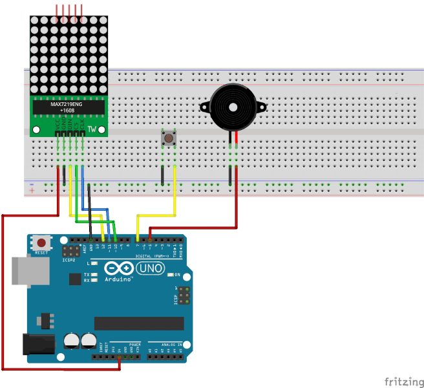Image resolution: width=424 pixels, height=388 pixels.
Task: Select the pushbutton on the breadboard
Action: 169,137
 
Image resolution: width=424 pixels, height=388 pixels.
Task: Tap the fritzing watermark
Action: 400,381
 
